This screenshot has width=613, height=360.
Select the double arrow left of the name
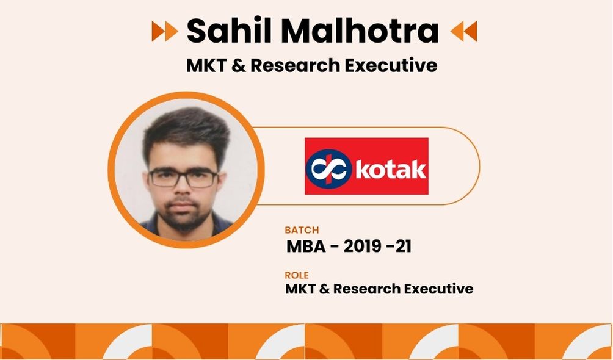(165, 31)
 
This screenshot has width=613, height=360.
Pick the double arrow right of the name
(463, 31)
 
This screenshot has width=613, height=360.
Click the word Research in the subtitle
(296, 65)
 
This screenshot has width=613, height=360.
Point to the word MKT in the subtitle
(205, 65)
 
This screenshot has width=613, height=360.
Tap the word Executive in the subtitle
(391, 65)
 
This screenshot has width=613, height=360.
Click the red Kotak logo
(367, 166)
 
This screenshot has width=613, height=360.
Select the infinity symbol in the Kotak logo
(329, 169)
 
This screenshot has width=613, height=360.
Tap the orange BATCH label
(302, 230)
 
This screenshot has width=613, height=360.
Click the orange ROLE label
(297, 275)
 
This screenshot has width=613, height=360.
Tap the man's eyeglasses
(183, 178)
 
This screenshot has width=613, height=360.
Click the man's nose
(182, 189)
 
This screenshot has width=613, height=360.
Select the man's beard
(182, 215)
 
